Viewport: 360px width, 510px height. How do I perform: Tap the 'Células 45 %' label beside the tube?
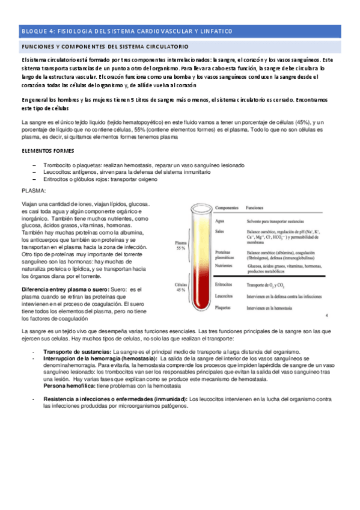(180, 286)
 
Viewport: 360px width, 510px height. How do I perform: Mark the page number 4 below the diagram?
(325, 315)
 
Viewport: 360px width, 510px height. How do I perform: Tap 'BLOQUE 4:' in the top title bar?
(38, 31)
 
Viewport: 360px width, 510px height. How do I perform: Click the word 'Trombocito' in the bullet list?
(58, 165)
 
